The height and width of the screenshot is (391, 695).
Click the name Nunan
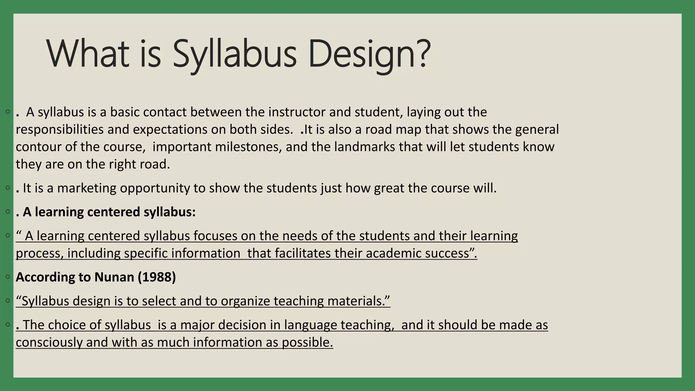114,277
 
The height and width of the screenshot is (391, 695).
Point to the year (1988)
157,277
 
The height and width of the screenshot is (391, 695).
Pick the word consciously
49,342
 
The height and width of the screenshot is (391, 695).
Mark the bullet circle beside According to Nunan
7,277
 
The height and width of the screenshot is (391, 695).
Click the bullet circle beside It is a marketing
7,187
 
